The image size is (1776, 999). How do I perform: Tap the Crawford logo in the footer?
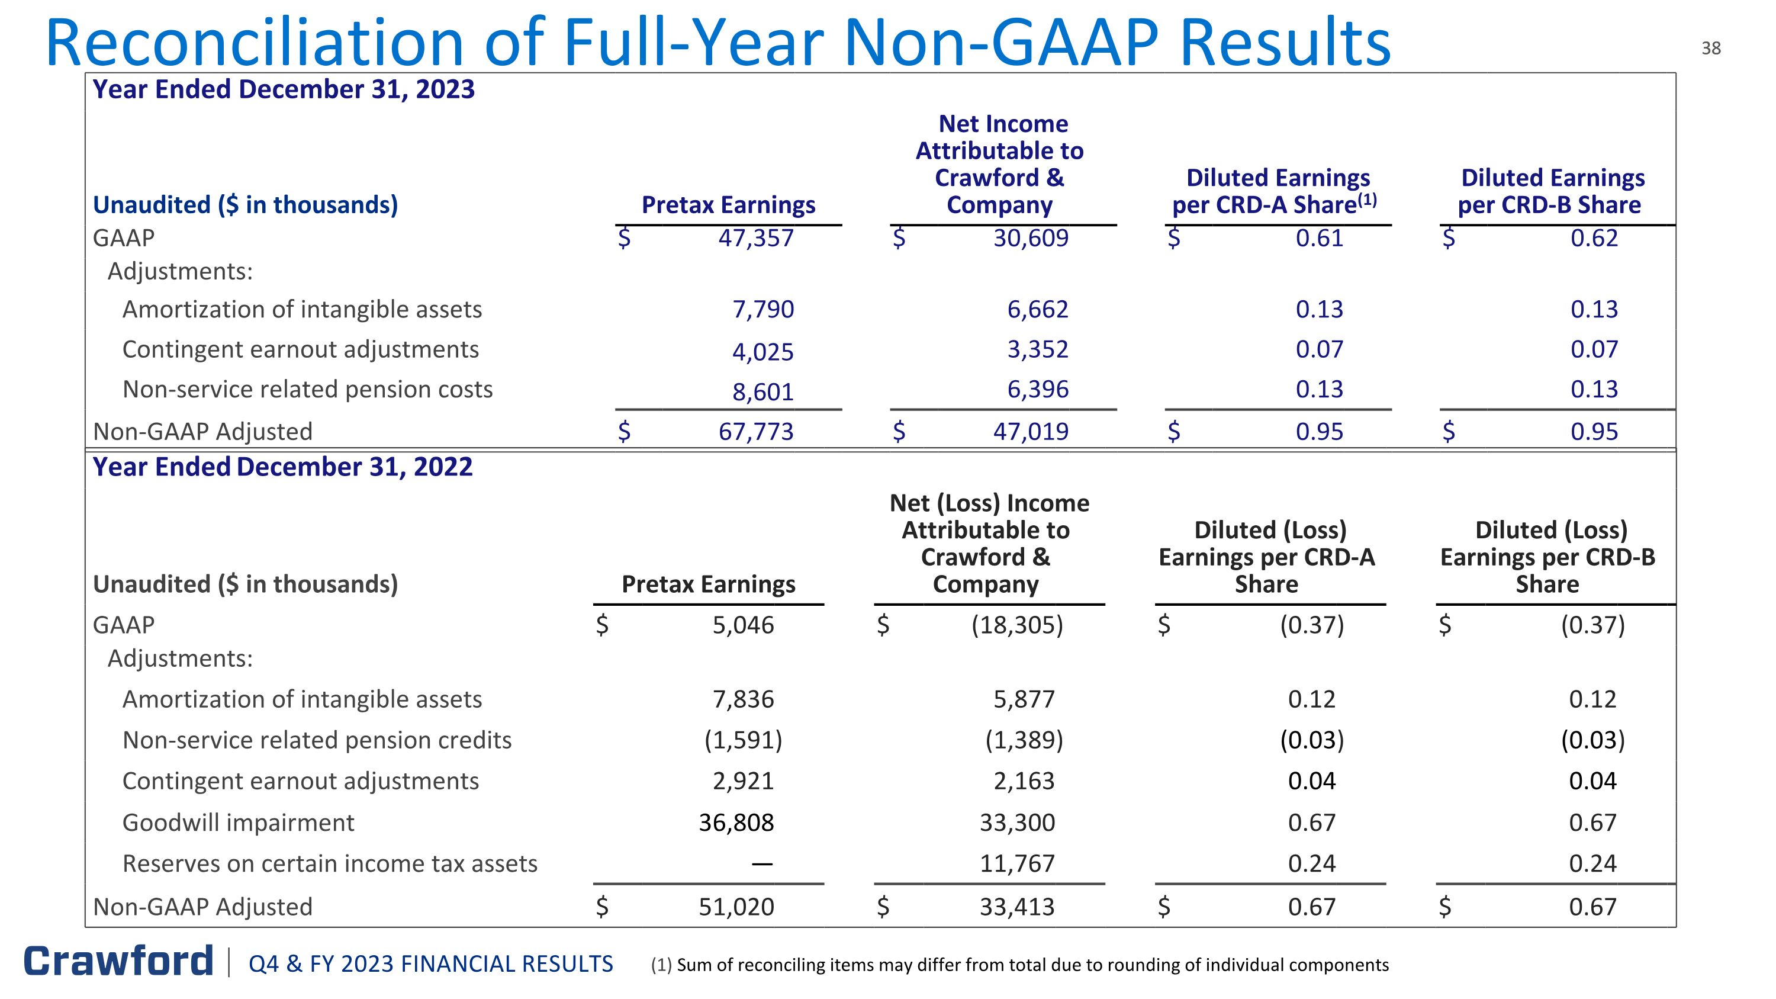click(x=118, y=961)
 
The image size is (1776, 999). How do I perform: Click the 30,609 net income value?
click(x=1031, y=239)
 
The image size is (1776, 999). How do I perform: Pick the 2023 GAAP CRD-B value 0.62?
click(x=1594, y=239)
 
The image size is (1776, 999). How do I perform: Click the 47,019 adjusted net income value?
click(x=1031, y=432)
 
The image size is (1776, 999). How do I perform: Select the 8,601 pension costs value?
click(x=762, y=392)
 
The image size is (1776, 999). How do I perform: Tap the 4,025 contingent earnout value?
click(x=762, y=352)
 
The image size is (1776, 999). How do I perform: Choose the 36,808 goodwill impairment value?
click(x=736, y=823)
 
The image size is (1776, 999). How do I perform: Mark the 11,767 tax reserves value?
click(x=1018, y=864)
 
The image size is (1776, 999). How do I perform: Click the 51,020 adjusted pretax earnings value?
click(x=736, y=907)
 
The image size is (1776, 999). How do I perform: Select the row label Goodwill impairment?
click(x=238, y=823)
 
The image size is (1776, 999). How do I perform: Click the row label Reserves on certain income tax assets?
click(x=330, y=864)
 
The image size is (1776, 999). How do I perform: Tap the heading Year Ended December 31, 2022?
click(x=282, y=467)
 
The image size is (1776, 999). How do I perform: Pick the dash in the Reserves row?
click(x=762, y=864)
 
